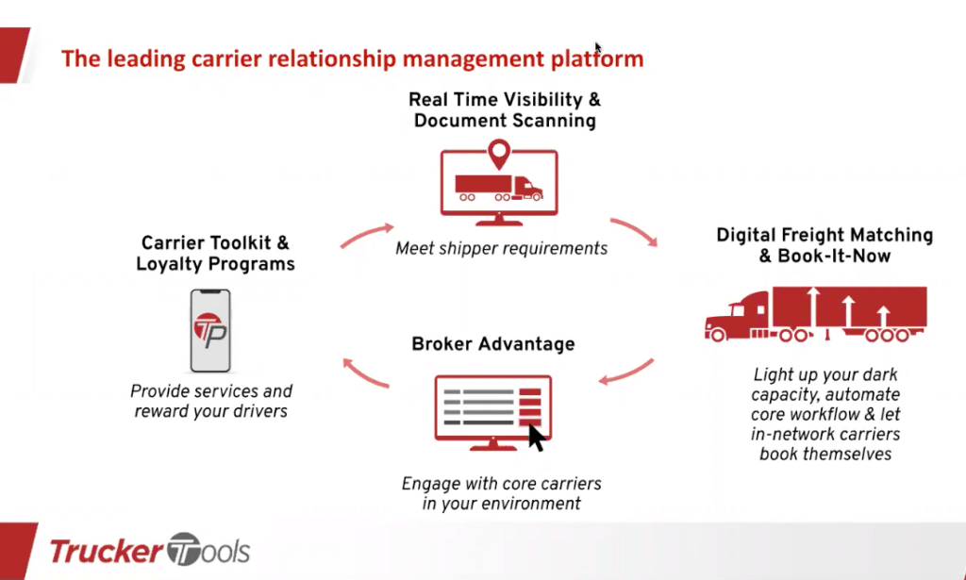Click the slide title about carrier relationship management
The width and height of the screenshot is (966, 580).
click(352, 59)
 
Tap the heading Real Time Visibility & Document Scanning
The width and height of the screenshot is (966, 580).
click(505, 110)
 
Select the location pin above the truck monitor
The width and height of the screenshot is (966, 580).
click(498, 154)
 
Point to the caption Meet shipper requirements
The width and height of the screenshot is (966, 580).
click(502, 249)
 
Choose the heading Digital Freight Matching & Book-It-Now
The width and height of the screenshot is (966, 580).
click(824, 245)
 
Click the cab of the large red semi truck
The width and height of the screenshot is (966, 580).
click(740, 317)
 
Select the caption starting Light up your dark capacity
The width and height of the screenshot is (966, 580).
click(825, 414)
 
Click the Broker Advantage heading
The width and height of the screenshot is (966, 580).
click(493, 344)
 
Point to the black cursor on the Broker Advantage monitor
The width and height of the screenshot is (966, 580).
click(537, 438)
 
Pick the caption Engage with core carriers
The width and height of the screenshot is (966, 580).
click(501, 493)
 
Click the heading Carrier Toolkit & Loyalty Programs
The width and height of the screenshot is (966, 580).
click(215, 254)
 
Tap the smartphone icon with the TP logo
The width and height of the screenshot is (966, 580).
click(211, 330)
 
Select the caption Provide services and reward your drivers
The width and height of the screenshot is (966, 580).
click(211, 401)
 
